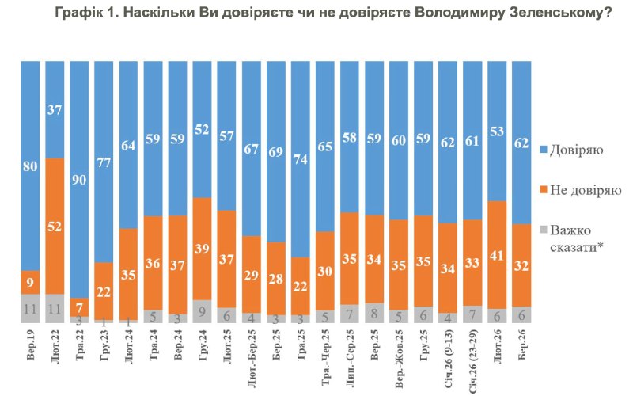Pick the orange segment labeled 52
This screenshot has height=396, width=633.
tap(55, 226)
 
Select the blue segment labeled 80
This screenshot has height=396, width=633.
tap(31, 166)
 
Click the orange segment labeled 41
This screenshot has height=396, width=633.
tap(498, 255)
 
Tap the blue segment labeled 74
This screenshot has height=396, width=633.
tap(301, 158)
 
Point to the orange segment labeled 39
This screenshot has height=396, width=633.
tap(203, 249)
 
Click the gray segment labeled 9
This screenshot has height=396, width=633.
tap(203, 311)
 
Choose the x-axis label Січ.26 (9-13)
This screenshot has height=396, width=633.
tap(449, 355)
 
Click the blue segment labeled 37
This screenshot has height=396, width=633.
tap(55, 109)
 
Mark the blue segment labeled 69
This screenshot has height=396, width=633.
tap(277, 150)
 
